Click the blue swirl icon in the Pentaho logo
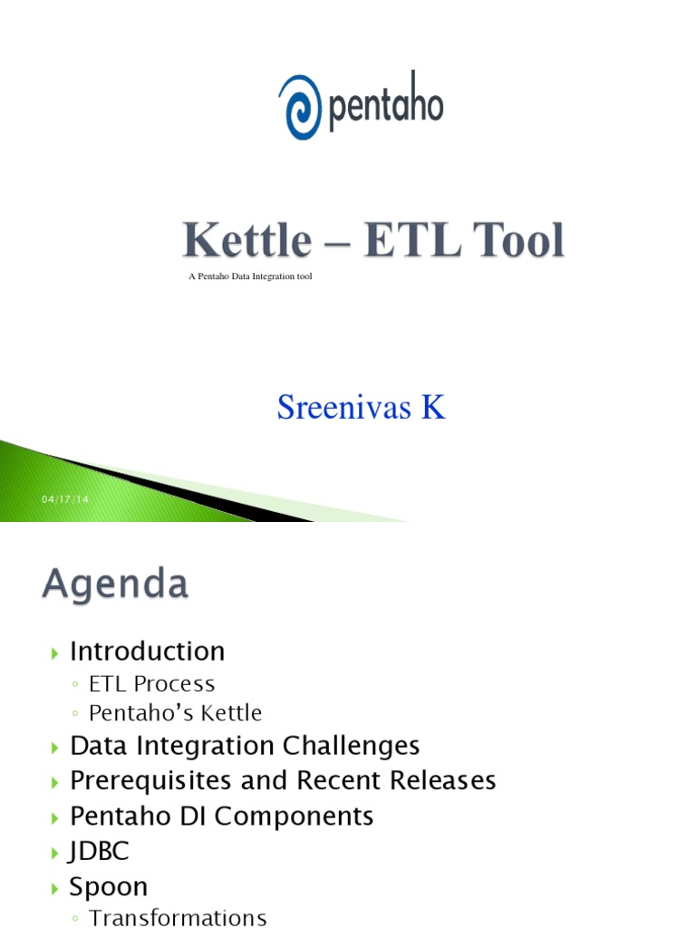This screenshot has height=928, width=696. click(x=299, y=106)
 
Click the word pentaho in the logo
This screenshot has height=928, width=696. click(x=383, y=106)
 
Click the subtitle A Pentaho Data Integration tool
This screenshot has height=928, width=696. click(x=250, y=276)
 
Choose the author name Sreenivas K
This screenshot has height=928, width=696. click(x=361, y=408)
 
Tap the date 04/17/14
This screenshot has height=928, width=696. click(x=60, y=500)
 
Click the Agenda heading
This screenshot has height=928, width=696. click(x=115, y=584)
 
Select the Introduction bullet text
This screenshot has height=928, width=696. click(x=148, y=651)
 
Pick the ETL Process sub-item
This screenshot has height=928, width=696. click(x=152, y=683)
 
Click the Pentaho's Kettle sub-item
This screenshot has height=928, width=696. click(x=176, y=713)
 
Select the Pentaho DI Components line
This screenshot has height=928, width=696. click(x=222, y=816)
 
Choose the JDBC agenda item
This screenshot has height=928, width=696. click(x=100, y=851)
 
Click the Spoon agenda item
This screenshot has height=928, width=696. click(x=109, y=886)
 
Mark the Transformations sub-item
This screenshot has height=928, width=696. click(x=179, y=917)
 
